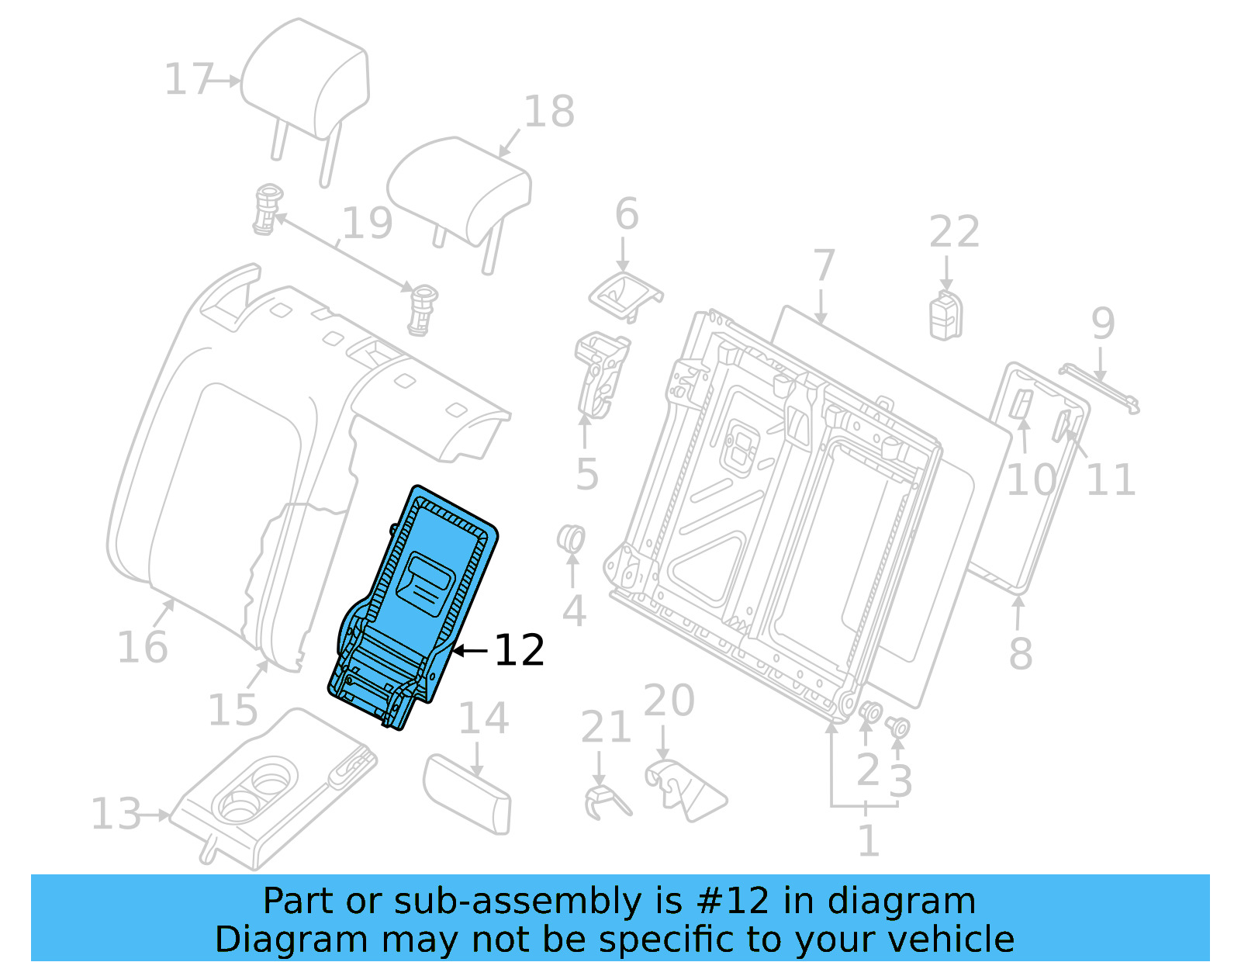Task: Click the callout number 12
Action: [519, 650]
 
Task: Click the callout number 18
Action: [549, 112]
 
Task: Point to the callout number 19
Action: [367, 223]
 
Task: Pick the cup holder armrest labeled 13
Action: [271, 799]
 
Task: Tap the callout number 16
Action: [142, 647]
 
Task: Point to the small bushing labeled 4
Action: [572, 538]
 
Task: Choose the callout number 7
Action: [824, 266]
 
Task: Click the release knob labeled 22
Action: [946, 316]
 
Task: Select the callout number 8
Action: [1021, 653]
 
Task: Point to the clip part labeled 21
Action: [604, 801]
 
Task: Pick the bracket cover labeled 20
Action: [683, 787]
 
